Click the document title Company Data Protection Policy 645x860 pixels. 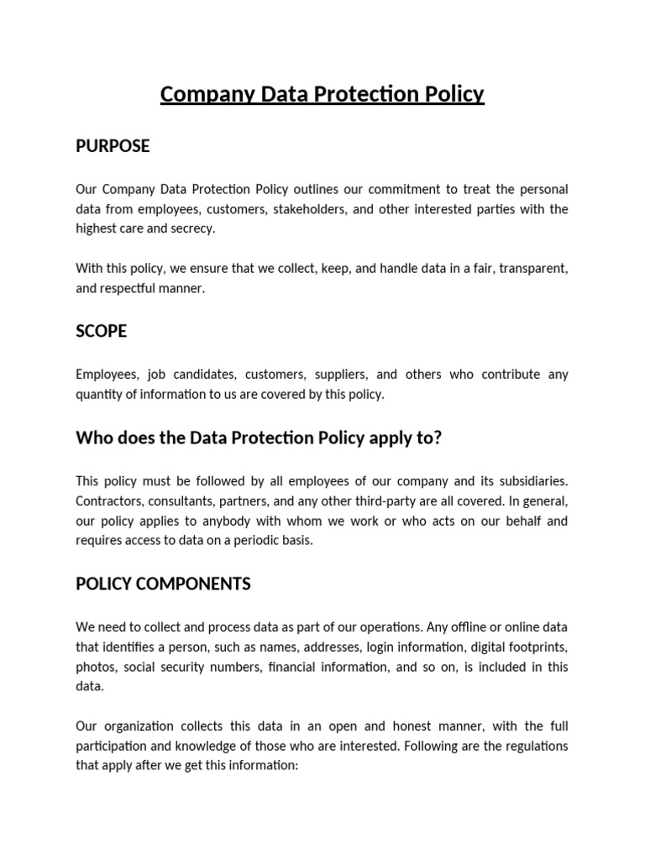point(322,94)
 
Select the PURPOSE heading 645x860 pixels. point(113,146)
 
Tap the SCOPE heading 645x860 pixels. point(101,331)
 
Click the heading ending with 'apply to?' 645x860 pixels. point(258,438)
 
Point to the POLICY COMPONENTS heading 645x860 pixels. point(163,584)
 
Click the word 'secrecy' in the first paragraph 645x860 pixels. point(191,228)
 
